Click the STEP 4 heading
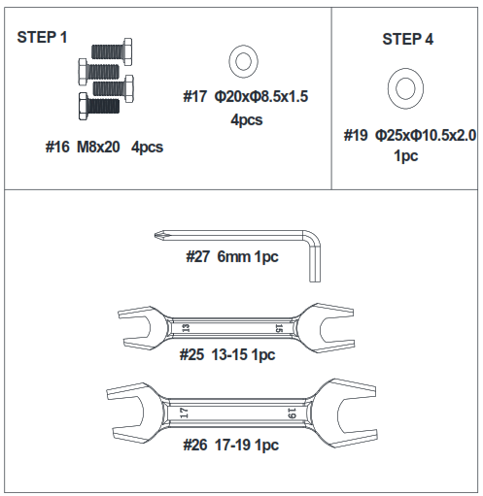[407, 40]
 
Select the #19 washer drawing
[403, 88]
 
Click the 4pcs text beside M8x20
[146, 147]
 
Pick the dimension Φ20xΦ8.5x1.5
[260, 97]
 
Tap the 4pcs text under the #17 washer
[246, 120]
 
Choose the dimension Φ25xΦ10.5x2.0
[425, 136]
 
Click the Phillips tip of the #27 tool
[159, 233]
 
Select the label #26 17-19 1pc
[230, 445]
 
